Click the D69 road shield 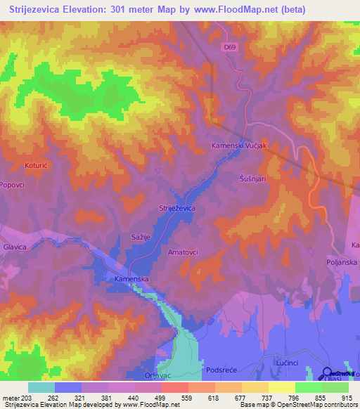pos(229,47)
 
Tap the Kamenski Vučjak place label pos(241,145)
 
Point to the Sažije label pos(143,239)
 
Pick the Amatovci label pos(184,251)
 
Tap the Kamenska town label pos(130,279)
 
